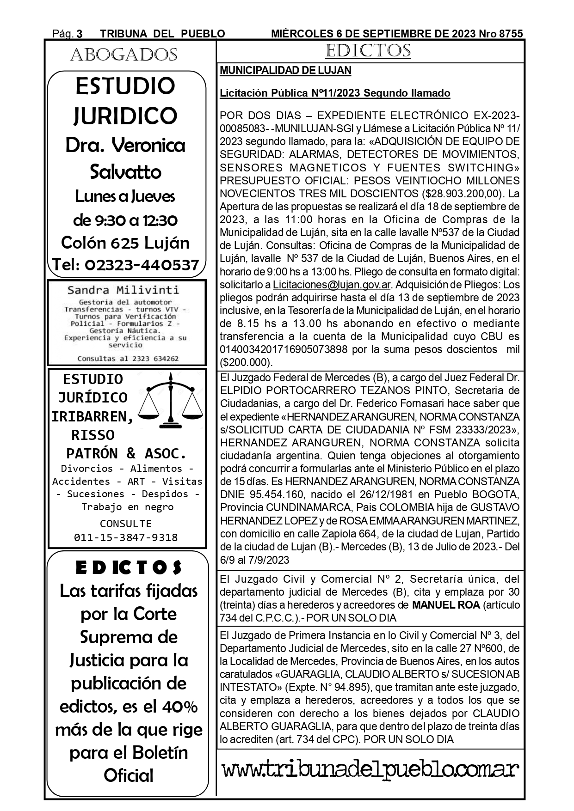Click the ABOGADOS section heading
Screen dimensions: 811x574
tap(123, 55)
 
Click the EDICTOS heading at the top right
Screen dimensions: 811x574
tap(368, 51)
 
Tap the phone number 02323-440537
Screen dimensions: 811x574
tap(142, 265)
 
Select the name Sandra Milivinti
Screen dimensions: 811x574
tap(123, 290)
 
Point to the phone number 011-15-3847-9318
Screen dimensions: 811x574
tap(126, 537)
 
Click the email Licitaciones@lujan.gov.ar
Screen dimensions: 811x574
tap(332, 285)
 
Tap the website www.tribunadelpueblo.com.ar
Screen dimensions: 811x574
tap(370, 770)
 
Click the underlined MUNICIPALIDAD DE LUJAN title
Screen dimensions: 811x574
tap(285, 71)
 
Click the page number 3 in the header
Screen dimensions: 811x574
tap(80, 34)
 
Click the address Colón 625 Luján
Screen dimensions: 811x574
tap(125, 243)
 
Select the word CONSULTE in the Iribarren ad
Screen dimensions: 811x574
tap(126, 524)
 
